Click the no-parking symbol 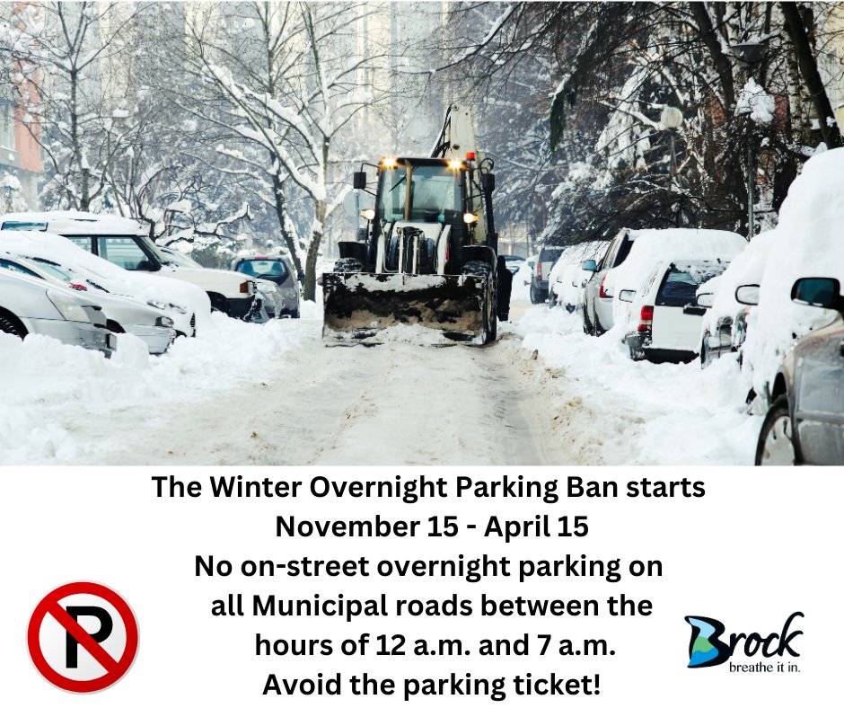click(x=83, y=637)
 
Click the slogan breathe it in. click(x=764, y=668)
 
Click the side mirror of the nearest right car click(x=814, y=291)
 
